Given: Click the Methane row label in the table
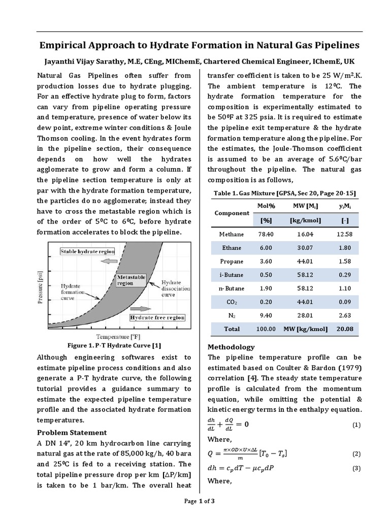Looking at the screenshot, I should coord(231,234).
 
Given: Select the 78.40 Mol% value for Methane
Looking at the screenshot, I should coord(266,234).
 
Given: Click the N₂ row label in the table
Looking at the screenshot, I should coord(231,315).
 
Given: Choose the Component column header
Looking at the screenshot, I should coord(232,213).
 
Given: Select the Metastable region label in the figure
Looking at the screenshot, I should coord(132,280).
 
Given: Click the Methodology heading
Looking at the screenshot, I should coord(232,347).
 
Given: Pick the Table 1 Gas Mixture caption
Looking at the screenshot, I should coord(285,193).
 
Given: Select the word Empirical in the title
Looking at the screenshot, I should coord(64,45).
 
